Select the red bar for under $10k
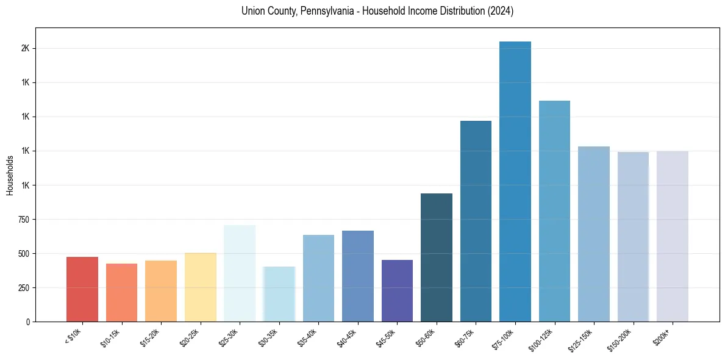point(82,289)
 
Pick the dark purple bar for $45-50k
point(397,290)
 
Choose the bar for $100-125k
point(554,211)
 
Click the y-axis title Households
point(10,175)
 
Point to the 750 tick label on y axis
point(24,219)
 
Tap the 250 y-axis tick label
point(24,287)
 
